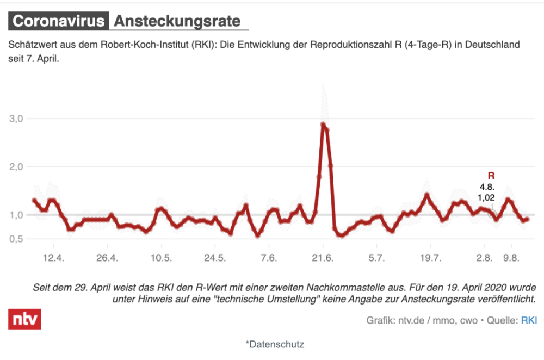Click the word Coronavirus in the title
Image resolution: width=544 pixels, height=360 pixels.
click(58, 21)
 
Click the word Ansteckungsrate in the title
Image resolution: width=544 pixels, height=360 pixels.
click(177, 21)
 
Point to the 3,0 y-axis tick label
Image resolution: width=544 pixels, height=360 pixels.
click(19, 119)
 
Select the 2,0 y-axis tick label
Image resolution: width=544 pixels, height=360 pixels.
click(19, 166)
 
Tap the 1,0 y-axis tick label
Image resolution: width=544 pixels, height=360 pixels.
click(19, 215)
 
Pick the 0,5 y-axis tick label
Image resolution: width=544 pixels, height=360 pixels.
click(19, 239)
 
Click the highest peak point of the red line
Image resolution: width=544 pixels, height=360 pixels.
click(323, 125)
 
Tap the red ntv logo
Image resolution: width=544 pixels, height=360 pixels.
click(24, 319)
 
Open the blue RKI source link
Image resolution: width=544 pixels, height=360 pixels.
click(529, 321)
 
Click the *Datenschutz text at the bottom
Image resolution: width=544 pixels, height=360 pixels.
click(274, 344)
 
